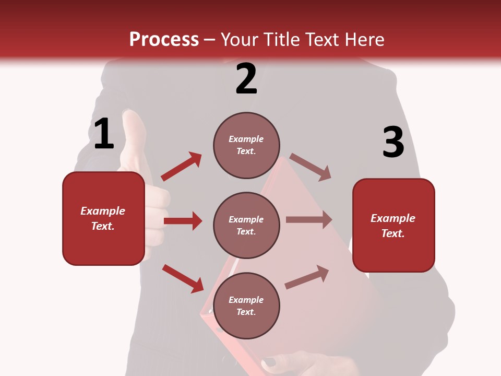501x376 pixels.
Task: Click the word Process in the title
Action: point(164,40)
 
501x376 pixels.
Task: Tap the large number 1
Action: point(104,134)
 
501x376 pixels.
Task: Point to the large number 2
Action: point(246,79)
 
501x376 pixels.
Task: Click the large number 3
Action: point(393,143)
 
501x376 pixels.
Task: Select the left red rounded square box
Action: point(103,218)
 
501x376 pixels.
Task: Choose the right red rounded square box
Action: point(393,225)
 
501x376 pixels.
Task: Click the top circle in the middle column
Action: point(246,145)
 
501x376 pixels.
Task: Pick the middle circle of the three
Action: point(246,225)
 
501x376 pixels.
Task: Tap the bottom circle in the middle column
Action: point(246,305)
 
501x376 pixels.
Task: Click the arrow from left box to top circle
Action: point(182,167)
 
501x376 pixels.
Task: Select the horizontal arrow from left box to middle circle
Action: point(183,221)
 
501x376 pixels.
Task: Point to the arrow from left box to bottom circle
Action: point(183,278)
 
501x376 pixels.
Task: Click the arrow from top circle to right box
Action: point(311,167)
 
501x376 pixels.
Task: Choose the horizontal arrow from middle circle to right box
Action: point(309,220)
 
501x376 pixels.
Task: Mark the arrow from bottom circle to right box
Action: point(307,277)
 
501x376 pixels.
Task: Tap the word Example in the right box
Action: point(393,218)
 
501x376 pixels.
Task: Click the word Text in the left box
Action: point(102,227)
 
